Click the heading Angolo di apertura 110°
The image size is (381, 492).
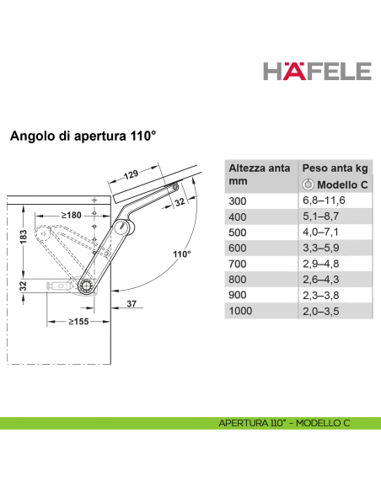pos(83,136)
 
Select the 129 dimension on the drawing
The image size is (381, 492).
pos(128,174)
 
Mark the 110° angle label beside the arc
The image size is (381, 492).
pos(182,254)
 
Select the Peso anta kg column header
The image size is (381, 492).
pos(334,168)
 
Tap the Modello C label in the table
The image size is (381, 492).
pos(341,184)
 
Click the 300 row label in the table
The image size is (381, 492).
pos(239,201)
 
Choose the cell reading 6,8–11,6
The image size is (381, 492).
pos(325,201)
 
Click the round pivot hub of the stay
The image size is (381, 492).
pos(87,286)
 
